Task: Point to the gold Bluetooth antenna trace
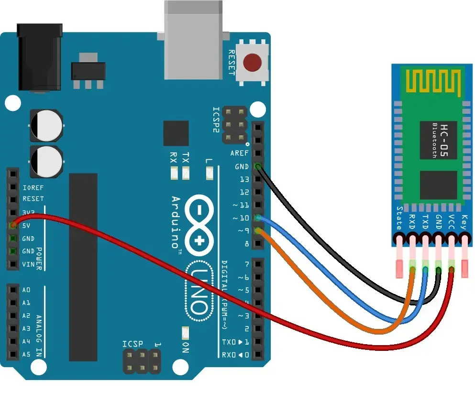pyautogui.click(x=433, y=80)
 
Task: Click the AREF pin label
pyautogui.click(x=239, y=153)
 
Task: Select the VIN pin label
pyautogui.click(x=29, y=264)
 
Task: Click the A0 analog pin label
pyautogui.click(x=26, y=290)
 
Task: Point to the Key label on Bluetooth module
pyautogui.click(x=463, y=223)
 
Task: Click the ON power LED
pyautogui.click(x=186, y=331)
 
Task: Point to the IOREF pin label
pyautogui.click(x=33, y=187)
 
